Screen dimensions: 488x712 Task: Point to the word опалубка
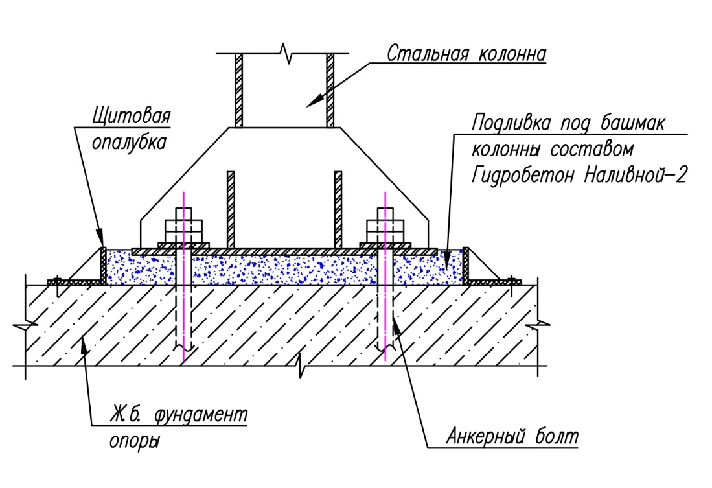(x=130, y=142)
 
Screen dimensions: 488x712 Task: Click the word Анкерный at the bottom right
(x=480, y=436)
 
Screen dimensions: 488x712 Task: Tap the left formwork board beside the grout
(x=102, y=265)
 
